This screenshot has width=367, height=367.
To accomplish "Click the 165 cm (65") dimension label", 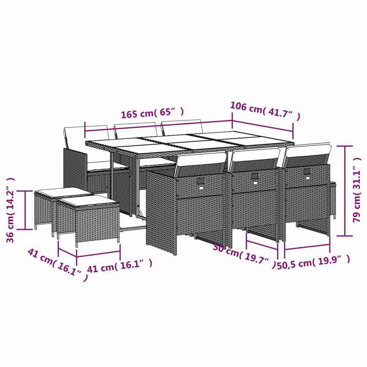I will click(x=152, y=114).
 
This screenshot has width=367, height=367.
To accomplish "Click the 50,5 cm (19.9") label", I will click(x=314, y=263).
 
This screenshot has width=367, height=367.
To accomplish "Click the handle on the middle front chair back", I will click(x=254, y=177).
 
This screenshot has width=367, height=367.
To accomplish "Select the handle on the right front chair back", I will click(x=307, y=172).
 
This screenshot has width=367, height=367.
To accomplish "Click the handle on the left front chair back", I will click(x=201, y=183).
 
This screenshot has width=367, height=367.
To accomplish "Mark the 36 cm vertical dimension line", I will click(x=24, y=210).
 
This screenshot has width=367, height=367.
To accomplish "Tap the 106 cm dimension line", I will click(x=262, y=124).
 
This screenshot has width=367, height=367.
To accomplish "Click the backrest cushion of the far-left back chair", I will click(x=75, y=138).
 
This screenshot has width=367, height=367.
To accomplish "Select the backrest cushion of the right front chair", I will click(x=306, y=155).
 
